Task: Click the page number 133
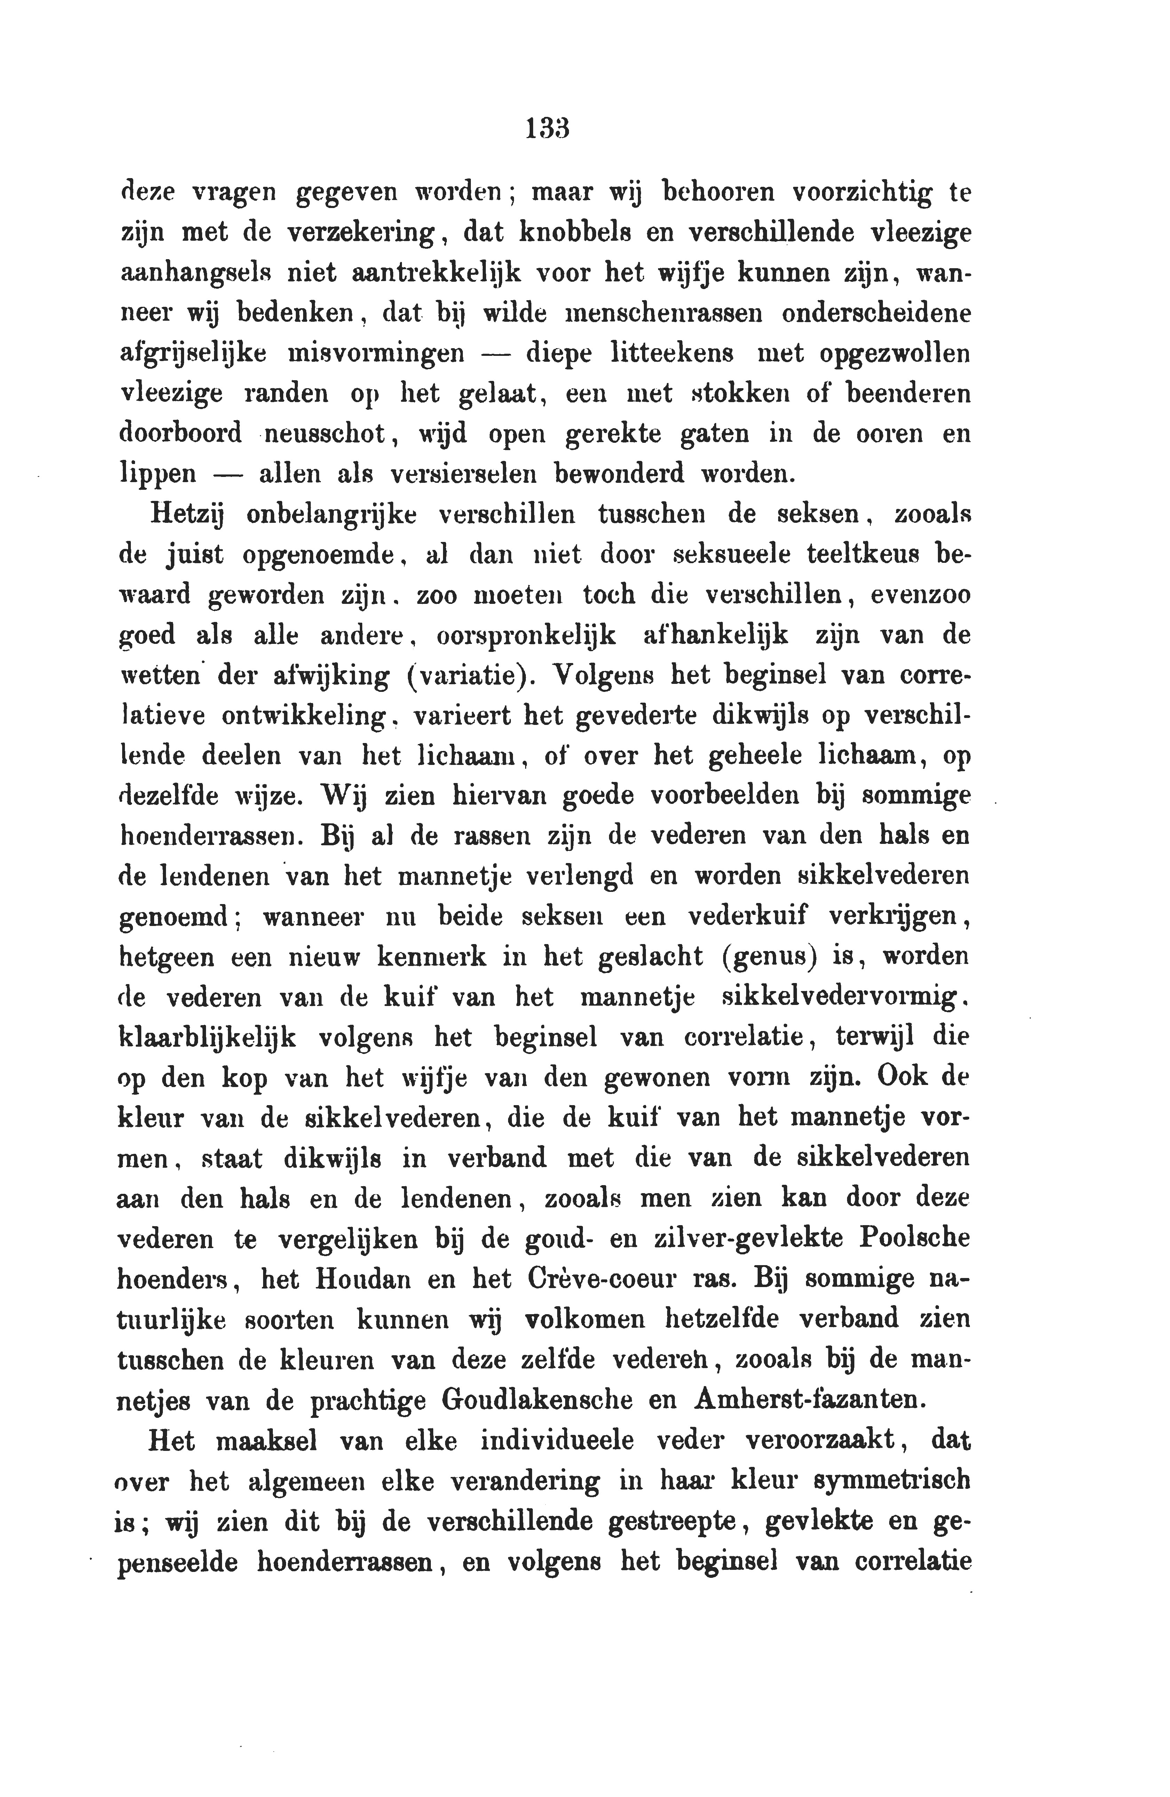tap(546, 128)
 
